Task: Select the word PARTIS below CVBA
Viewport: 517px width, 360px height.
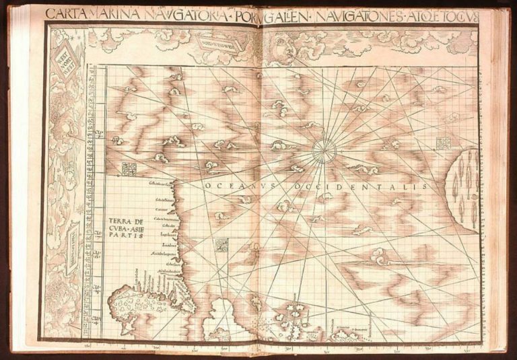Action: pos(121,237)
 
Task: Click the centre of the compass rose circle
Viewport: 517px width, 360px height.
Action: pos(324,151)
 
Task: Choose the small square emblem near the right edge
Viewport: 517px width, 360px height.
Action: pos(443,143)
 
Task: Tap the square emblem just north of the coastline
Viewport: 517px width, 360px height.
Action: pos(129,169)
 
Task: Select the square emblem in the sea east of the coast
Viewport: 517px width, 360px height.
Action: pos(221,245)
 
